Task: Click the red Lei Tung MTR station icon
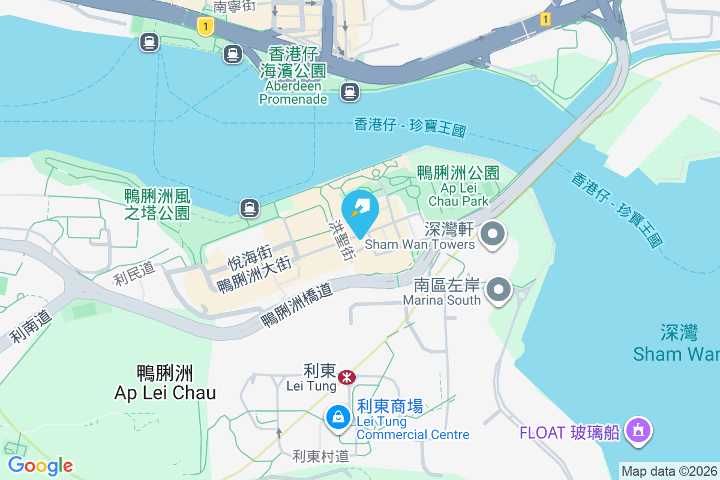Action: (x=346, y=377)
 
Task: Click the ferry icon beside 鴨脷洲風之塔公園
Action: (x=249, y=208)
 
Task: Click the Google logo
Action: (x=40, y=466)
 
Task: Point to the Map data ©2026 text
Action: (x=669, y=471)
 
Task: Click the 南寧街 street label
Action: (x=235, y=7)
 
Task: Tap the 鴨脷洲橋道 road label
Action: (x=296, y=304)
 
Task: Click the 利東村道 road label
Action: (x=320, y=456)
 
